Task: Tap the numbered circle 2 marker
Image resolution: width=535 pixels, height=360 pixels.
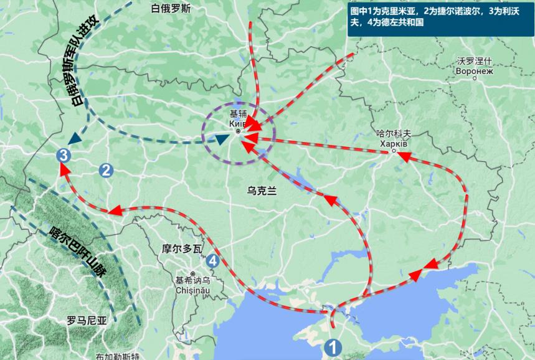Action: (x=106, y=169)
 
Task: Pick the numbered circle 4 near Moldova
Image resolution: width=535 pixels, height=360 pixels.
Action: (x=214, y=261)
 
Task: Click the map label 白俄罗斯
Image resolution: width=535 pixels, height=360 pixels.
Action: (x=171, y=9)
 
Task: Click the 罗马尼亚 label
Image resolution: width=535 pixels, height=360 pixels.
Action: (x=87, y=321)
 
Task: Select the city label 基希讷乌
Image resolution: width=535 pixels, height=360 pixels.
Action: (x=194, y=280)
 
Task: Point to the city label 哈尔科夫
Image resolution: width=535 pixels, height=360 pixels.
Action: (x=395, y=133)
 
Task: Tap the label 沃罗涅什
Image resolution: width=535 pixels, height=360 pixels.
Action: (x=475, y=61)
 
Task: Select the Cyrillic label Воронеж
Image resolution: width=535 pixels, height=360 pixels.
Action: (x=475, y=70)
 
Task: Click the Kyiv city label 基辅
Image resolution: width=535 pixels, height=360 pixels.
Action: (x=238, y=114)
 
